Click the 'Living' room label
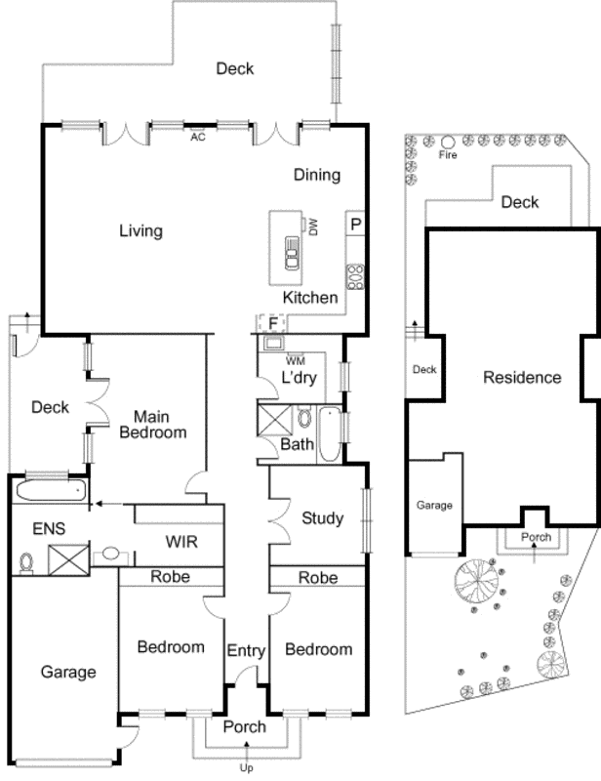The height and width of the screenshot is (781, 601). point(140,231)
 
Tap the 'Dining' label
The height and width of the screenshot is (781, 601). point(317,176)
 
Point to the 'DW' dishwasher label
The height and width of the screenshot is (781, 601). point(314,227)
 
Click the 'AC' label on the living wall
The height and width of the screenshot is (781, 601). point(198,138)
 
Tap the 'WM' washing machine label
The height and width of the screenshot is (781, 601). point(296,360)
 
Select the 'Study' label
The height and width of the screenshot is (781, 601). point(322,518)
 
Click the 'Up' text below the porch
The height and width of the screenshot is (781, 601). point(246,769)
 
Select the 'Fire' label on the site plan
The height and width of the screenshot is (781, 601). point(448,155)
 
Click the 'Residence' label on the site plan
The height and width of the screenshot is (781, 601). point(522,377)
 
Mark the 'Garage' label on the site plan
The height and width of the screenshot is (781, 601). point(435,506)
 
